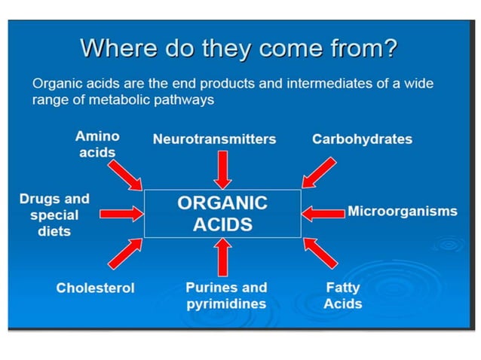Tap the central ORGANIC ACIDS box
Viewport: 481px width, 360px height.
coord(222,214)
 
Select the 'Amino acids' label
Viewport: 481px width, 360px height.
coord(97,145)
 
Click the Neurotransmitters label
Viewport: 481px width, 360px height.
coord(214,139)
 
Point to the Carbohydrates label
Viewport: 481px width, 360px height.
coord(362,139)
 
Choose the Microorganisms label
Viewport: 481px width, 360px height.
coord(402,211)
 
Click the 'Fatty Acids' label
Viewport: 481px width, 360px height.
coord(343,296)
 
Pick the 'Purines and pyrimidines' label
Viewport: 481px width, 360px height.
coord(226,296)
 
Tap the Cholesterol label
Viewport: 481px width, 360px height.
coord(95,288)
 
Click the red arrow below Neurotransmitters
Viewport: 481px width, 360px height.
coord(222,169)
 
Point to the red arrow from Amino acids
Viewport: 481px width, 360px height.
coord(124,173)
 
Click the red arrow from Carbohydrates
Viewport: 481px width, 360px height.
coord(320,172)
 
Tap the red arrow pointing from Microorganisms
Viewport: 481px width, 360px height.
coord(323,213)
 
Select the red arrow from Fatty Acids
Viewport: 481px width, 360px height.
coord(320,253)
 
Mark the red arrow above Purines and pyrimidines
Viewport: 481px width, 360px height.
coord(222,256)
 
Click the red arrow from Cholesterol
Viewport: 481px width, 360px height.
coord(125,253)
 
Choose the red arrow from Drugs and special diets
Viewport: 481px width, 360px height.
coord(121,214)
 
